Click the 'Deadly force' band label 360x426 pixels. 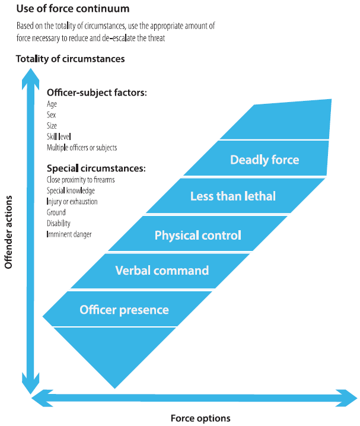click(x=265, y=160)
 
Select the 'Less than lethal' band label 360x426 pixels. click(x=233, y=196)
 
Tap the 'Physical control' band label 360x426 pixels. click(x=198, y=236)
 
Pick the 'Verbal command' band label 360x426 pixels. click(x=162, y=271)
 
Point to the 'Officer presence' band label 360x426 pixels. click(x=124, y=310)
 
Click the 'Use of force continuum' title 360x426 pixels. click(x=73, y=9)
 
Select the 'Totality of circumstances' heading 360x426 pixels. click(x=71, y=59)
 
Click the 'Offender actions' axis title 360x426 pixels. click(x=8, y=233)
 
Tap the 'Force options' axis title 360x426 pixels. click(x=200, y=418)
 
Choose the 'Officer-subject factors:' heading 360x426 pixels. click(x=97, y=93)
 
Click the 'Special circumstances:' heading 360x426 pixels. click(x=96, y=169)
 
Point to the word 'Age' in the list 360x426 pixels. click(x=52, y=104)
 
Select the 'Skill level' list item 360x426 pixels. click(x=59, y=136)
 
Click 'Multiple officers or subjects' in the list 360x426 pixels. click(x=82, y=148)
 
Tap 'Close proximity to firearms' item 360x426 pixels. click(x=81, y=180)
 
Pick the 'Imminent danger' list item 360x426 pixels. click(x=69, y=234)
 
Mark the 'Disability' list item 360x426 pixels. click(x=58, y=223)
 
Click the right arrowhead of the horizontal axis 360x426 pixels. click(x=347, y=398)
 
